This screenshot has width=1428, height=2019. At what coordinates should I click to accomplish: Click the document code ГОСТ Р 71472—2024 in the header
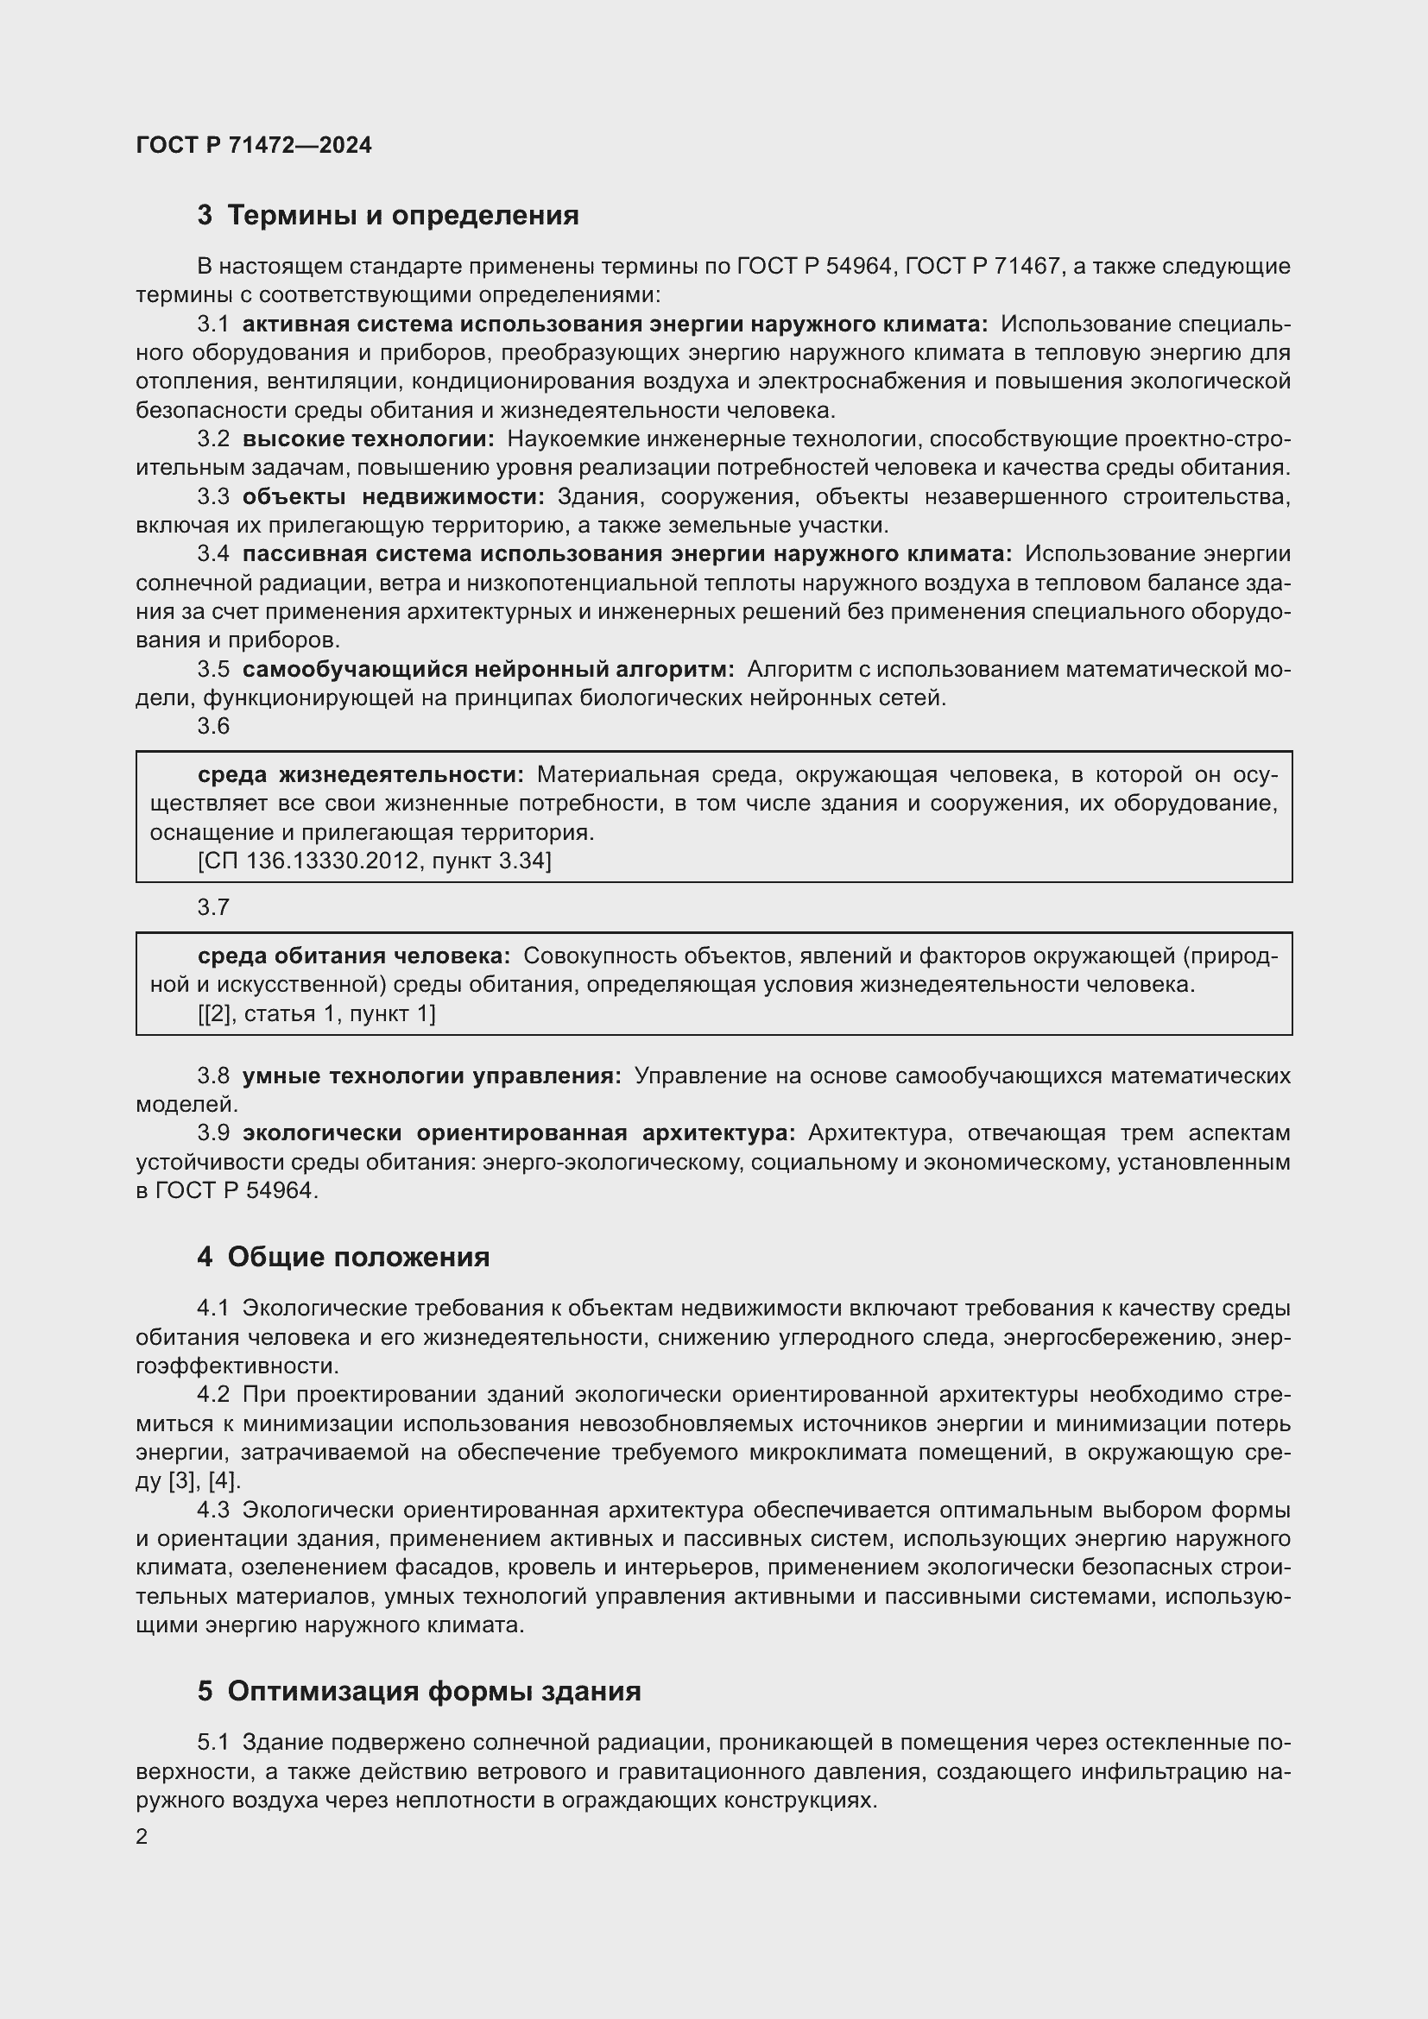click(x=254, y=145)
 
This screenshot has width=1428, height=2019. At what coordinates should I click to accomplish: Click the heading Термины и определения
click(x=402, y=216)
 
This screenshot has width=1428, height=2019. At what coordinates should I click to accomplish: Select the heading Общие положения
click(x=358, y=1257)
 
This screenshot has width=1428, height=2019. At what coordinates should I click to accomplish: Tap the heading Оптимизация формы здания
click(x=433, y=1690)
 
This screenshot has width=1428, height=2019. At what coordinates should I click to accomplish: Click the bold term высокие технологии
click(x=368, y=439)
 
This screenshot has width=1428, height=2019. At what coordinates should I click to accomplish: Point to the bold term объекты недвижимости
click(x=393, y=497)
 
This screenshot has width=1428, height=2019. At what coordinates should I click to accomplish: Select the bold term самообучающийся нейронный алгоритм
click(x=488, y=669)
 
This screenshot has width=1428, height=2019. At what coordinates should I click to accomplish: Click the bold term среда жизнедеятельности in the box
click(x=361, y=774)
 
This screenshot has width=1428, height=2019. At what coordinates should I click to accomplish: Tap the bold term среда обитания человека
click(x=353, y=956)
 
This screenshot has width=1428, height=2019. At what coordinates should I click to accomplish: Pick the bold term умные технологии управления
click(x=432, y=1076)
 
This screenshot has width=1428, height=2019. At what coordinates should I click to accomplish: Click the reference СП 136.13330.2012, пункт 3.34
click(x=375, y=860)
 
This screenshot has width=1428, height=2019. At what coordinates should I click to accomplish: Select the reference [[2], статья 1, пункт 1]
click(x=317, y=1014)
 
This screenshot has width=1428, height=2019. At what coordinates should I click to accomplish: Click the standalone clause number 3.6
click(x=212, y=726)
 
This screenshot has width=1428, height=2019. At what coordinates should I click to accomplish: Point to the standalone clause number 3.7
click(x=212, y=906)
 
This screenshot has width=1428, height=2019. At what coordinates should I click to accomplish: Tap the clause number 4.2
click(x=212, y=1395)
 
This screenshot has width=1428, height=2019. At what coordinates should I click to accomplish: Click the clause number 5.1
click(x=212, y=1742)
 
